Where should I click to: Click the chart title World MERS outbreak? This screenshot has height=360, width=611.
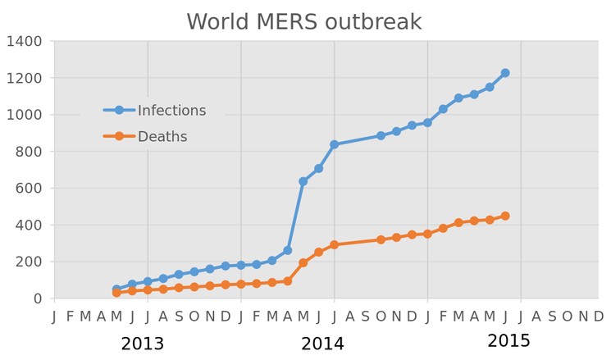(304, 21)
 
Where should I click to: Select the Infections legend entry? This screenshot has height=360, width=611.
(171, 110)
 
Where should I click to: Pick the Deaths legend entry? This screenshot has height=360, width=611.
(162, 136)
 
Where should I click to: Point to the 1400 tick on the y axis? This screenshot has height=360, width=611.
(26, 41)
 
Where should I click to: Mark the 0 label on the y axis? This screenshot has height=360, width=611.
(39, 298)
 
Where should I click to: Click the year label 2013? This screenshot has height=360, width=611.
(143, 344)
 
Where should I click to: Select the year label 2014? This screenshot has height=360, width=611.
(322, 344)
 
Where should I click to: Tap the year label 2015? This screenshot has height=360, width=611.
(508, 340)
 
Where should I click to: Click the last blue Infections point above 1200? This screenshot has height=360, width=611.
(505, 73)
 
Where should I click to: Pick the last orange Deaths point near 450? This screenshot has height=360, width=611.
(505, 216)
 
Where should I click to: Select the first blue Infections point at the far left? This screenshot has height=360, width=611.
(116, 289)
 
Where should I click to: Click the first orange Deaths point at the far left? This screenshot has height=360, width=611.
(116, 293)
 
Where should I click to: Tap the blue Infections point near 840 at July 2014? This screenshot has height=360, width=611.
(334, 144)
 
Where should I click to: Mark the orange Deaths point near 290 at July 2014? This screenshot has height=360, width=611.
(334, 244)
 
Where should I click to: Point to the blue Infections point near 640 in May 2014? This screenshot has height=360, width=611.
(303, 181)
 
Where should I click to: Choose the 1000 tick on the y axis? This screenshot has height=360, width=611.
(26, 115)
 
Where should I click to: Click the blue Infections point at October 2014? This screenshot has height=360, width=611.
(381, 136)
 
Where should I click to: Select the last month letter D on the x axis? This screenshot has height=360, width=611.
(599, 317)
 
